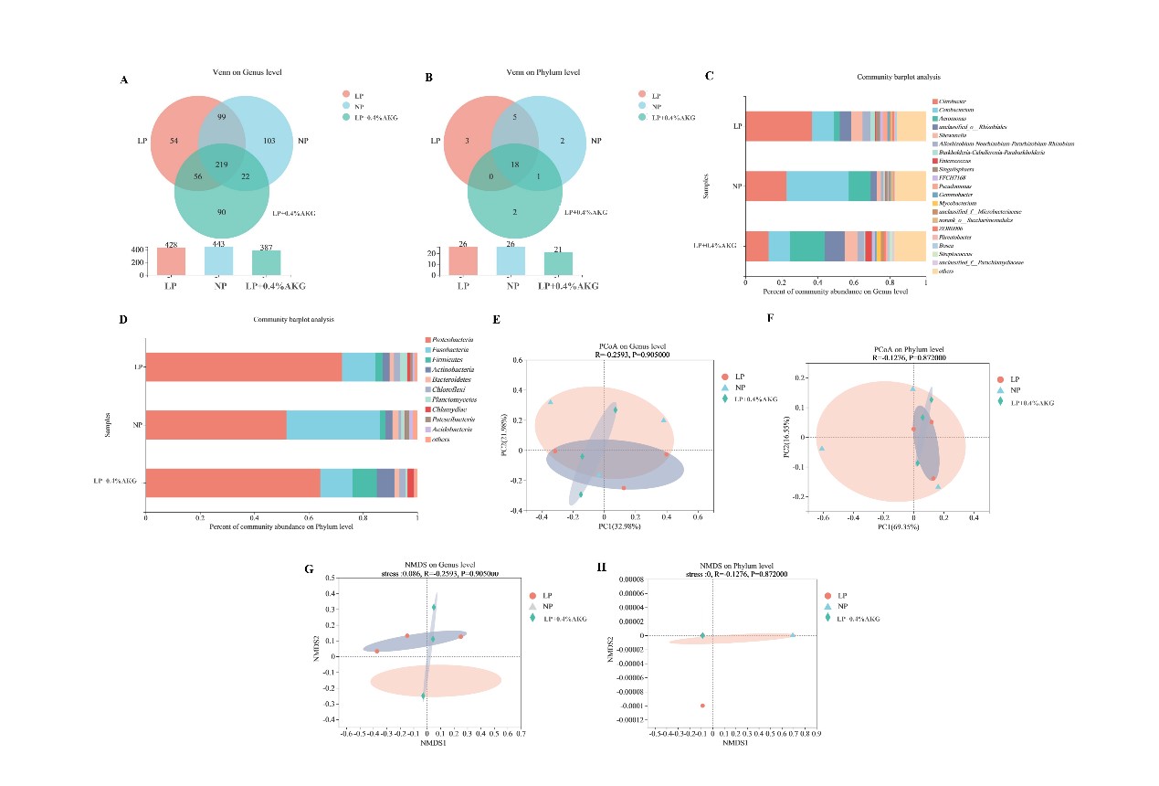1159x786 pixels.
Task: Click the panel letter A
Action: point(124,80)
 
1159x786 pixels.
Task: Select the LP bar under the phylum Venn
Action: point(463,260)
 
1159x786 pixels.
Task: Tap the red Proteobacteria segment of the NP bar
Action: point(216,425)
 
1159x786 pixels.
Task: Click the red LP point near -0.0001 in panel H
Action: point(702,706)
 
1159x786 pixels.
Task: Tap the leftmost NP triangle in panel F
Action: point(822,449)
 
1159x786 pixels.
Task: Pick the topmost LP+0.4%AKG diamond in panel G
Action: point(434,607)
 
